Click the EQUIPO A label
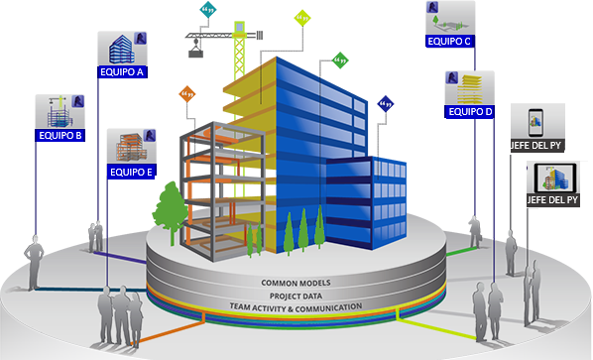pos(122,71)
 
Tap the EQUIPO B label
pos(60,136)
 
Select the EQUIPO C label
pos(449,42)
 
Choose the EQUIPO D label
pos(470,112)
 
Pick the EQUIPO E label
pos(131,173)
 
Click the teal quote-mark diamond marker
pos(208,9)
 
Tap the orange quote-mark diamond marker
pos(187,93)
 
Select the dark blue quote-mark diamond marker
pos(386,103)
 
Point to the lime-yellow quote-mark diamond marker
pos(302,18)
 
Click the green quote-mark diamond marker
pos(340,60)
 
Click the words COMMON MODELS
pos(296,283)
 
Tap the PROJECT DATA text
pos(296,296)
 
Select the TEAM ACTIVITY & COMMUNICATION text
pos(296,307)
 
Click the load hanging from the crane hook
pos(195,54)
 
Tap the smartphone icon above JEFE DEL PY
pos(535,123)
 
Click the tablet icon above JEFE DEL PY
pos(555,179)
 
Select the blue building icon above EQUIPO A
pos(122,50)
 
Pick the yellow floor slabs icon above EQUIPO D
pos(469,89)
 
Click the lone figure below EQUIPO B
pos(34,262)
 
